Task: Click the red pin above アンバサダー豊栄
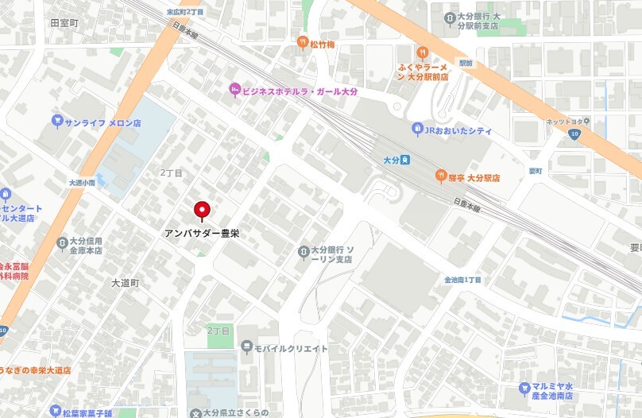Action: coord(202,210)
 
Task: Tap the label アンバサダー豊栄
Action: coord(202,234)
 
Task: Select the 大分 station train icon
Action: coord(405,160)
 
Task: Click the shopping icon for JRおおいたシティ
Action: coord(417,130)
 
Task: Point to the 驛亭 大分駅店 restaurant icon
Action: coord(439,176)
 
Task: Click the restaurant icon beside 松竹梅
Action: coord(303,42)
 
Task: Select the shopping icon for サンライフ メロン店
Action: coord(56,122)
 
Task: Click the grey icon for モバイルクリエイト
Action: coord(247,347)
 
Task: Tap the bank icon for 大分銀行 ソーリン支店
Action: coord(303,253)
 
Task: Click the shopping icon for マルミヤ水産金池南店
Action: coord(524,389)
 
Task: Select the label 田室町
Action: coord(64,24)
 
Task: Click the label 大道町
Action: coord(125,282)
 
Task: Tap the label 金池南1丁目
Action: coord(463,280)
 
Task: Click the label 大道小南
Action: coord(82,182)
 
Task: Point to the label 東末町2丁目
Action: coord(184,12)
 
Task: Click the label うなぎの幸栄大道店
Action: coord(35,370)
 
